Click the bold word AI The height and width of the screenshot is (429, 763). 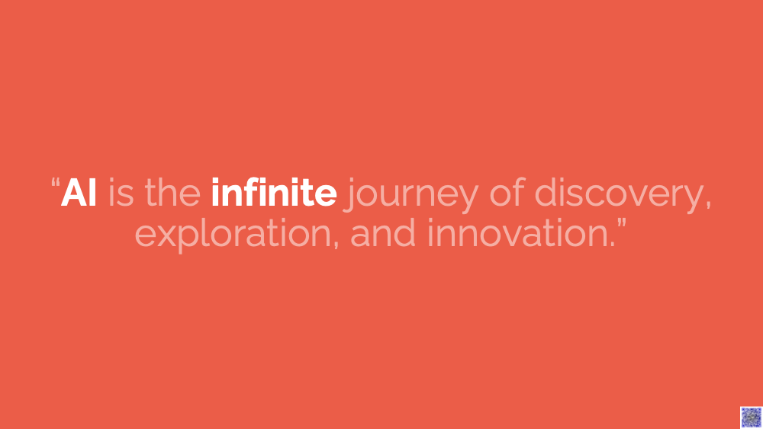[79, 193]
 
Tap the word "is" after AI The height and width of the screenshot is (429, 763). [121, 193]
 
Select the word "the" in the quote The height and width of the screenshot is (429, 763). [172, 192]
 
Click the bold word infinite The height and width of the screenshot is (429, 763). [273, 192]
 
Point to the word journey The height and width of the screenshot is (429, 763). [411, 195]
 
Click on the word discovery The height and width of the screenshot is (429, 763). [619, 195]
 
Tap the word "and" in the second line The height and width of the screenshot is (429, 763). [383, 232]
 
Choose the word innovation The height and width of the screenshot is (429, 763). [518, 232]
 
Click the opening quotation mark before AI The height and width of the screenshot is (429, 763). [56, 183]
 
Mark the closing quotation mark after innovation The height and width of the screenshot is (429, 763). [621, 224]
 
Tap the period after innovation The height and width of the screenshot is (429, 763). [613, 244]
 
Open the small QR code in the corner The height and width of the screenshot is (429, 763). [751, 418]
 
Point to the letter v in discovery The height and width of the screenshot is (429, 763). [640, 195]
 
